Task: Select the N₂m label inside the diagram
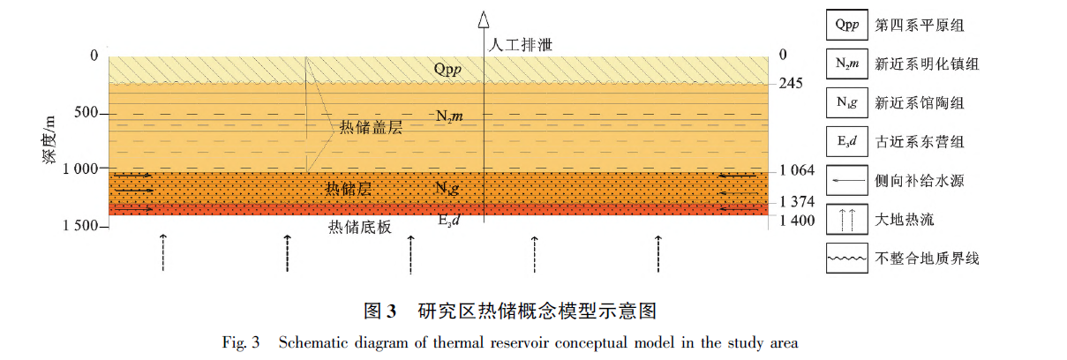click(x=449, y=116)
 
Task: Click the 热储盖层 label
click(x=371, y=128)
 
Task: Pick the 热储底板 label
click(x=359, y=227)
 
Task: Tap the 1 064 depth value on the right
click(x=798, y=170)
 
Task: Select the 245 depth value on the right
click(x=792, y=83)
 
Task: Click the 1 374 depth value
click(x=798, y=202)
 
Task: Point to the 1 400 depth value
click(x=798, y=220)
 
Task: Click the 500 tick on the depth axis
click(x=86, y=114)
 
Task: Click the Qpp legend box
click(x=845, y=26)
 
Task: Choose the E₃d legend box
click(x=845, y=142)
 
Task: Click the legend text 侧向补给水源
click(x=919, y=181)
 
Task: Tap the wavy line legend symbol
click(x=845, y=259)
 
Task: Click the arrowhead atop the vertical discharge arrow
click(x=482, y=17)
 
